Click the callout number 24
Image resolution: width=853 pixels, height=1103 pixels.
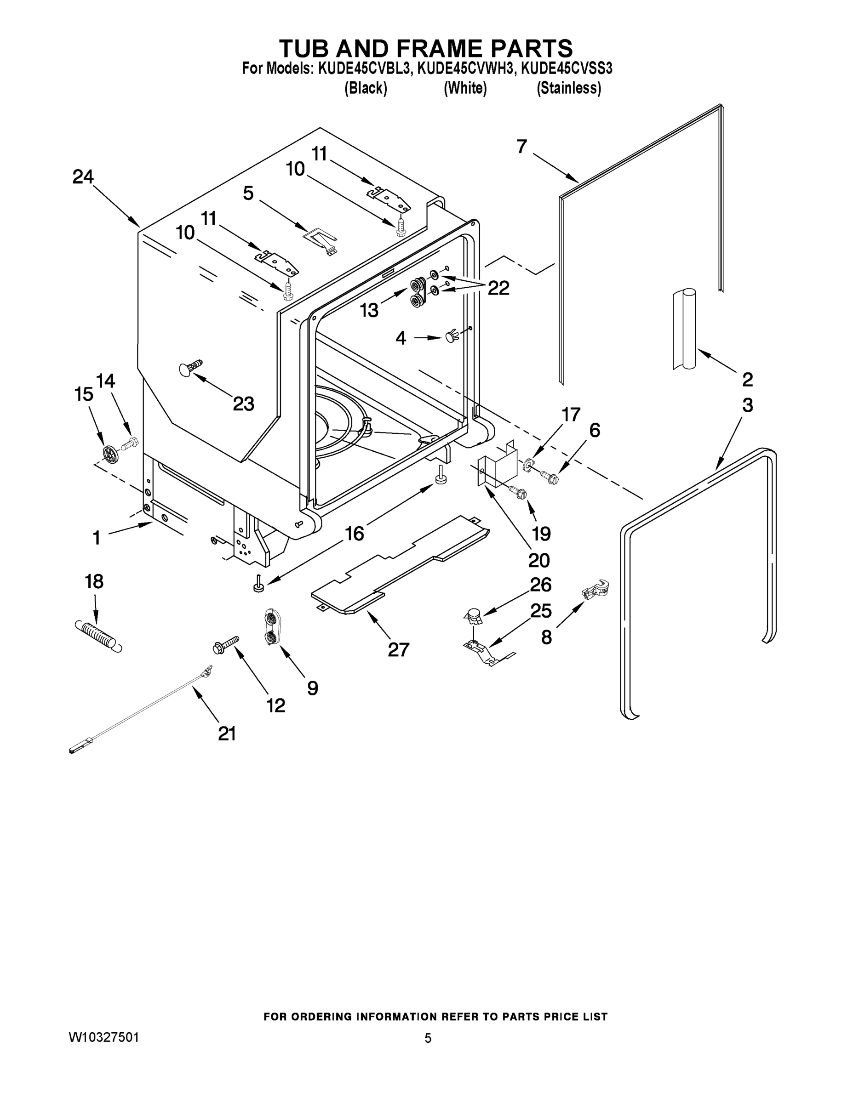coord(83,177)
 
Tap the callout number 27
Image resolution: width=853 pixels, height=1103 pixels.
coord(398,649)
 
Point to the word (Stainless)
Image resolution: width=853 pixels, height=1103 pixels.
coord(568,88)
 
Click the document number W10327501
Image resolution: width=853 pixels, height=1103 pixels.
coord(103,1037)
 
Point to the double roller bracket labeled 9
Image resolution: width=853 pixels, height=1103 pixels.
coord(272,627)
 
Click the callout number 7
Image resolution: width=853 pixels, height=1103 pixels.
coord(522,147)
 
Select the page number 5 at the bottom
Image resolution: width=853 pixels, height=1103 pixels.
coord(428,1038)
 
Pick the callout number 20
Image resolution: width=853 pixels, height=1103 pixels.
coord(538,560)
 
